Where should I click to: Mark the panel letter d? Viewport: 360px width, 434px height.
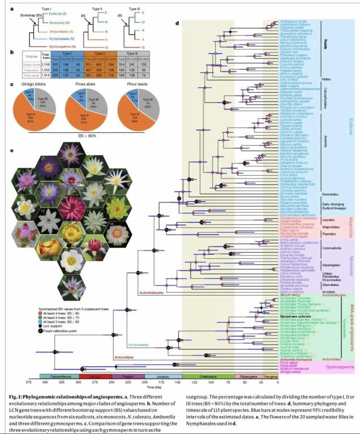click(178, 23)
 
